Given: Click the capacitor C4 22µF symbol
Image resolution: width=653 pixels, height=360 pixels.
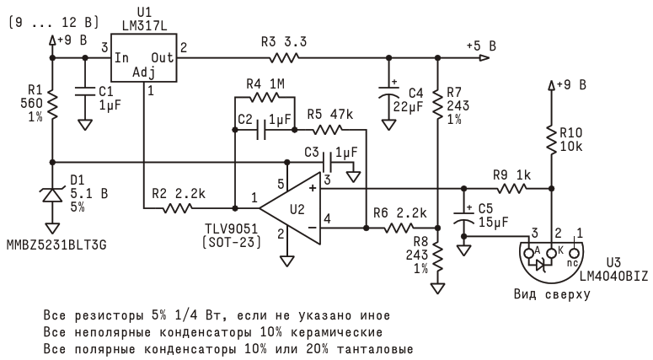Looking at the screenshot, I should (389, 94).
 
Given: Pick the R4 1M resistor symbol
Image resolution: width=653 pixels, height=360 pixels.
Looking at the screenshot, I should (263, 98).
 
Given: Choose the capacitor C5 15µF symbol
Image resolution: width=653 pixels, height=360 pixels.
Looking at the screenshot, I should (463, 222).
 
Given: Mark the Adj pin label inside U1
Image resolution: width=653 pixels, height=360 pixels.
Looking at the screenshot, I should (144, 73).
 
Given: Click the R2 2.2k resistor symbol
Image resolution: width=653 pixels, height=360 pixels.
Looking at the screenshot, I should (190, 205).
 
